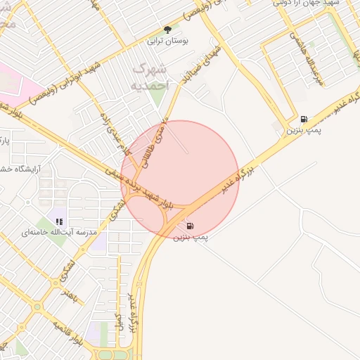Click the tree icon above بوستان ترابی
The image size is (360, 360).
click(167, 30)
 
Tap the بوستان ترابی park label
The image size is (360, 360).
click(167, 41)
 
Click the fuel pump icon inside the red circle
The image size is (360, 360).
click(190, 226)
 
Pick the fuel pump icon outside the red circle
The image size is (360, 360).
click(303, 119)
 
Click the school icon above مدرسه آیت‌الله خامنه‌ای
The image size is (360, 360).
click(59, 221)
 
